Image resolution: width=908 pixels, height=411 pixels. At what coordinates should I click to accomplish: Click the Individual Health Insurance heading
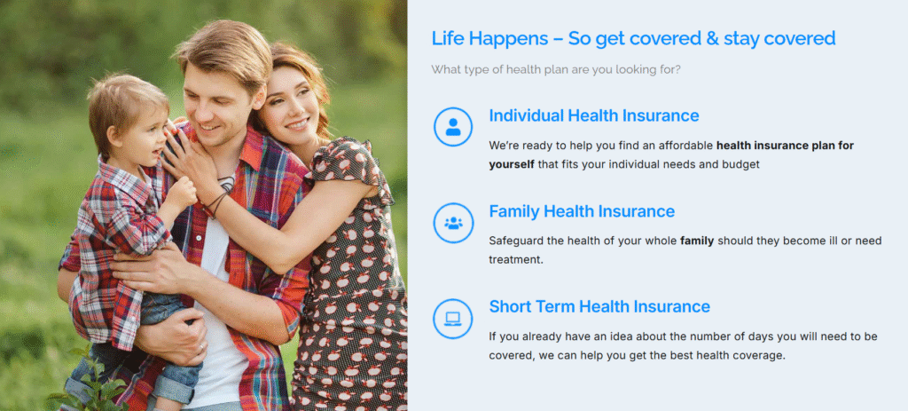pyautogui.click(x=593, y=115)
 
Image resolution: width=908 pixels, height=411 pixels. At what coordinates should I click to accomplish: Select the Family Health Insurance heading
pyautogui.click(x=582, y=211)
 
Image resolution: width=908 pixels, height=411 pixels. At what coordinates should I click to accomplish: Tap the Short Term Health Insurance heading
pyautogui.click(x=599, y=306)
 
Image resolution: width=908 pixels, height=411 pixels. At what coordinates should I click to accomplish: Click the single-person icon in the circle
pyautogui.click(x=453, y=127)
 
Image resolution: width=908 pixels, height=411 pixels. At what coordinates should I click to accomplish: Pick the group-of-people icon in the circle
pyautogui.click(x=453, y=223)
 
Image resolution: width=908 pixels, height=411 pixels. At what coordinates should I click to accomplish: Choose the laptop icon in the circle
pyautogui.click(x=453, y=319)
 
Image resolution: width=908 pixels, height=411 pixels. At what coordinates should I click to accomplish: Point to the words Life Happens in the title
pyautogui.click(x=489, y=39)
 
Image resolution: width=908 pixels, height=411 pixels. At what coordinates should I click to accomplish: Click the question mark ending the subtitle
pyautogui.click(x=677, y=69)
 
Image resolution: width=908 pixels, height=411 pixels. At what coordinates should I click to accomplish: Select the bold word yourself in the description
pyautogui.click(x=512, y=164)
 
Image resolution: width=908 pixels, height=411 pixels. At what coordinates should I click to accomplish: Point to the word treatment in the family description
pyautogui.click(x=515, y=260)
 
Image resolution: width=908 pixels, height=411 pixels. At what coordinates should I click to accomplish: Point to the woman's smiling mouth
pyautogui.click(x=297, y=124)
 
